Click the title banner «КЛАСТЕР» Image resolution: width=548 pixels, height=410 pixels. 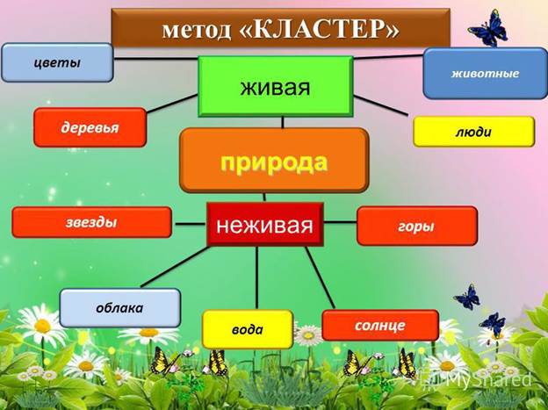tap(279, 29)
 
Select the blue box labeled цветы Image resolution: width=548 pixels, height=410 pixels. tap(57, 62)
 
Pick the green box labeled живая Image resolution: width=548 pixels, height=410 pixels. tap(275, 88)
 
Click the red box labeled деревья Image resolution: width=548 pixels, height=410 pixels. tap(89, 128)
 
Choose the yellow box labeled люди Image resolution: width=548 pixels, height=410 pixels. tap(473, 132)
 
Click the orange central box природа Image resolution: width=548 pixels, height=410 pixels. tap(273, 161)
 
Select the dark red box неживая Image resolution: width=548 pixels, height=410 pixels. tap(264, 225)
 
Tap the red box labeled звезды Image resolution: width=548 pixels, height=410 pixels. tap(91, 222)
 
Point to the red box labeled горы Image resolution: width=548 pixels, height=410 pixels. tap(416, 226)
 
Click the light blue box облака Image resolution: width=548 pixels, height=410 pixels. tap(119, 308)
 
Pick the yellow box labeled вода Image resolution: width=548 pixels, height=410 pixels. tap(247, 329)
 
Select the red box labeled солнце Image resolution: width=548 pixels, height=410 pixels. tap(379, 325)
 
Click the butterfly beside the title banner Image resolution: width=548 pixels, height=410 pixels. tap(487, 28)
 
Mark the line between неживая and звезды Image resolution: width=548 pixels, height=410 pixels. tap(188, 223)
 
